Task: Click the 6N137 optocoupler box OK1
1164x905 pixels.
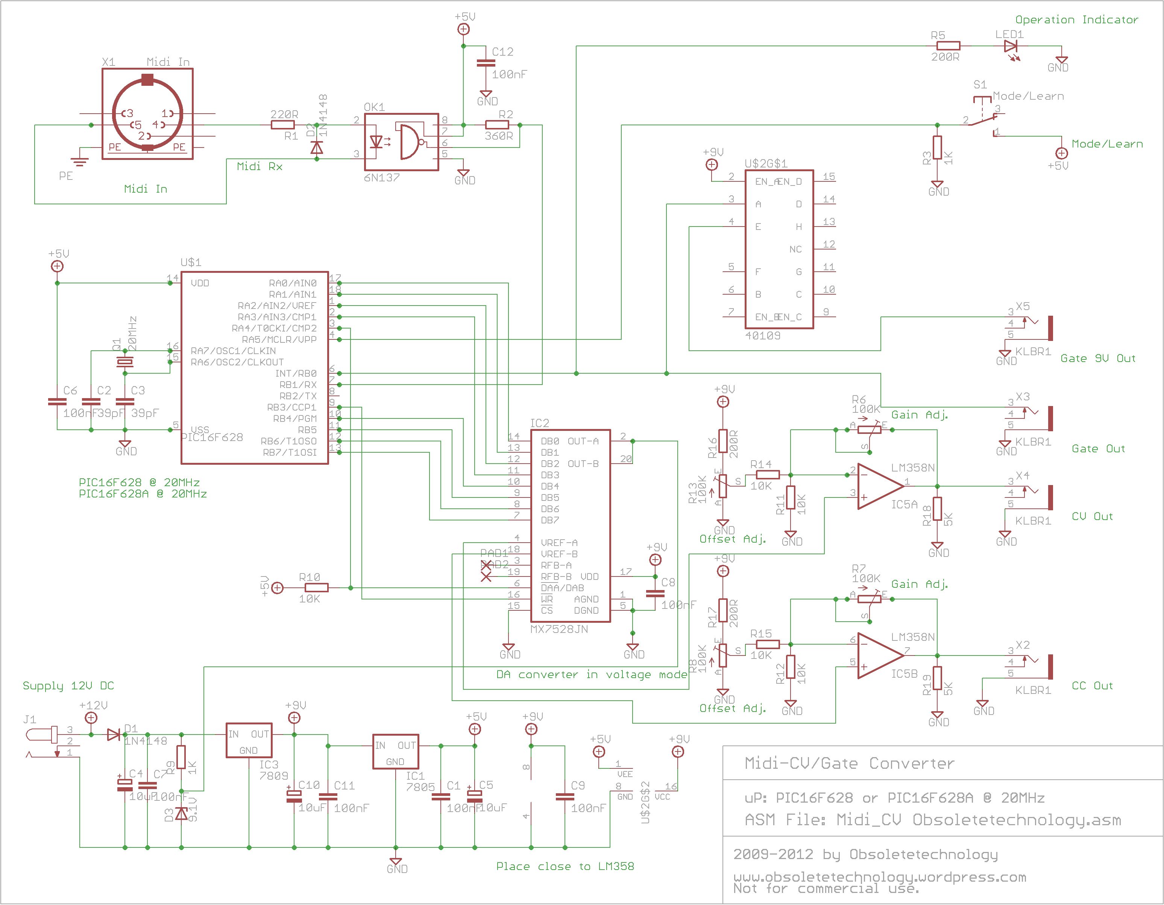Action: click(x=401, y=142)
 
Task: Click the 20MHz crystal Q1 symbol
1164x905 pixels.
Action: click(x=125, y=362)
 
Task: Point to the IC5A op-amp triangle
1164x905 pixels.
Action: click(x=879, y=486)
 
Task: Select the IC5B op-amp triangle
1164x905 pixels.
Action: click(x=879, y=656)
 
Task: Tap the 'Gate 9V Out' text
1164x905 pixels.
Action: click(x=1097, y=358)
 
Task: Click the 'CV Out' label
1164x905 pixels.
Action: click(x=1092, y=516)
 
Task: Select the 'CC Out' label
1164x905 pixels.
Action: click(x=1092, y=686)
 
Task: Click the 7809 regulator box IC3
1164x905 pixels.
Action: click(x=249, y=740)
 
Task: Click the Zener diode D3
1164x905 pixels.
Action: click(x=181, y=813)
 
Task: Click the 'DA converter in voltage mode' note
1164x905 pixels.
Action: click(x=591, y=675)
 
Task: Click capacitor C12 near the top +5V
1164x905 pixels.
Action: click(x=486, y=63)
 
